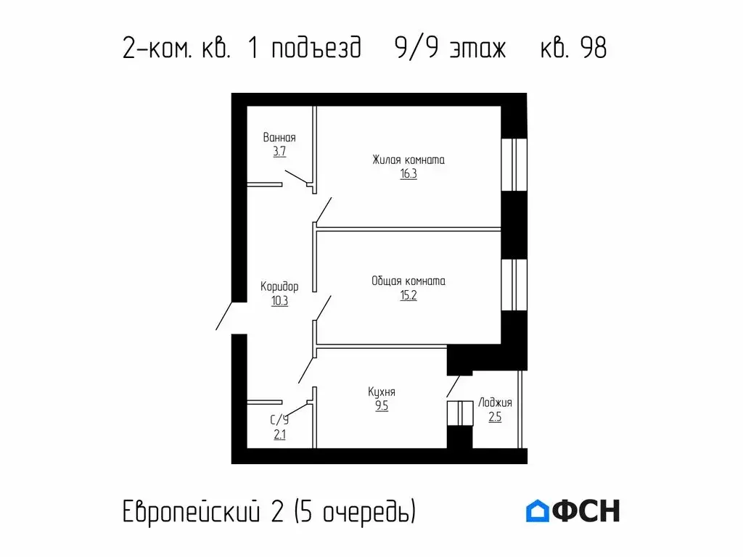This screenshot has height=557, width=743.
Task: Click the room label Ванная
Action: click(279, 137)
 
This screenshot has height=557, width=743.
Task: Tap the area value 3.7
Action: click(279, 152)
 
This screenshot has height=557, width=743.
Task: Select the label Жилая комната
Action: click(408, 160)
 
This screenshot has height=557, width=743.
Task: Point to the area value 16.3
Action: click(408, 174)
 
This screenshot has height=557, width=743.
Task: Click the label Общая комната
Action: click(408, 281)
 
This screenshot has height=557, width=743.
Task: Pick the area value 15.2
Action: click(408, 295)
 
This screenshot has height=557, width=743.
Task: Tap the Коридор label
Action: click(279, 286)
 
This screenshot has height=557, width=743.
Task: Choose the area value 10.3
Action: click(279, 301)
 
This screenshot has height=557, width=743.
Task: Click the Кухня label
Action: click(382, 392)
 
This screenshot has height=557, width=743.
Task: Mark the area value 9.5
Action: click(382, 406)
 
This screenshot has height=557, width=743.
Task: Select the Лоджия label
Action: click(495, 403)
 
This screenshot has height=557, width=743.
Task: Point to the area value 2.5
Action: click(495, 418)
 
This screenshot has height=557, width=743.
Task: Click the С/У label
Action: click(279, 419)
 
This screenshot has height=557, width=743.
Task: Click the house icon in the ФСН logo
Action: click(538, 511)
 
